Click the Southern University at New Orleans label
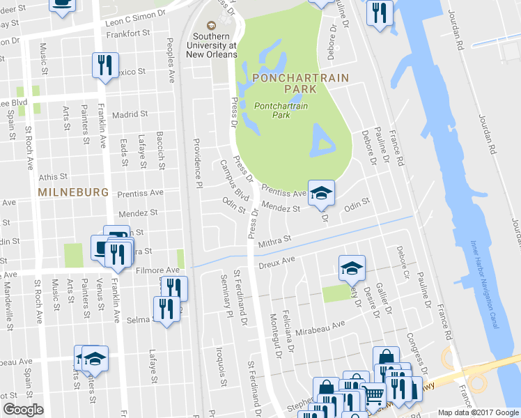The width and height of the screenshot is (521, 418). [x=216, y=45]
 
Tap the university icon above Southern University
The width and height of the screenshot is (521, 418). [x=216, y=24]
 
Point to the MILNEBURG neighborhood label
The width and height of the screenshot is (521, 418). [x=74, y=192]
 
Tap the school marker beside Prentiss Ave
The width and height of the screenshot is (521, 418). [x=322, y=193]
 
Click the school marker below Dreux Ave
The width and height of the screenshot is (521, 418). [x=352, y=268]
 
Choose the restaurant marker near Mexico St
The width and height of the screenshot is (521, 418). [x=105, y=65]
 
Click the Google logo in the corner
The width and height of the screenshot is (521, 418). [x=23, y=410]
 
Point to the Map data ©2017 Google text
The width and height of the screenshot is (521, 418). [x=477, y=412]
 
